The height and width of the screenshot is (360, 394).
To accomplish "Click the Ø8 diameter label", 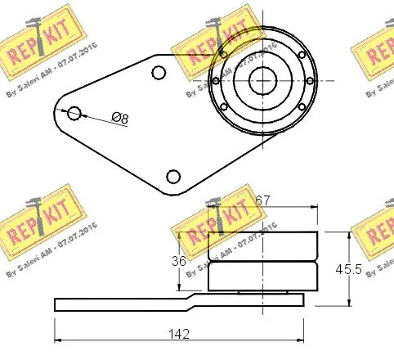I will [x=120, y=119].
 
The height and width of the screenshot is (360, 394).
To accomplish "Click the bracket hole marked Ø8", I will [x=74, y=112].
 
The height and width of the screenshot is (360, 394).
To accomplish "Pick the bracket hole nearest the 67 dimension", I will [x=172, y=176].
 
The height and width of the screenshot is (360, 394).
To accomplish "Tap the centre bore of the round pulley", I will [x=262, y=80].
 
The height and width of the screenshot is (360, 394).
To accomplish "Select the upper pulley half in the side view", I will [x=262, y=246].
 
